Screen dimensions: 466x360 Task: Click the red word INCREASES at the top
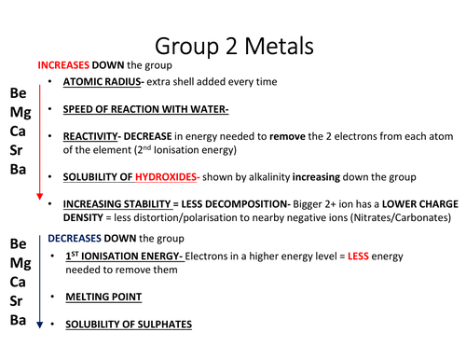pyautogui.click(x=62, y=65)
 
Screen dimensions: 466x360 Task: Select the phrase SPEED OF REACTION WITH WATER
pyautogui.click(x=145, y=109)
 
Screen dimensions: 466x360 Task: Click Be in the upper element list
pyautogui.click(x=19, y=95)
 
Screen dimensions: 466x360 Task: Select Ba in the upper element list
pyautogui.click(x=18, y=172)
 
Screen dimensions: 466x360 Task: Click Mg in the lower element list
pyautogui.click(x=19, y=263)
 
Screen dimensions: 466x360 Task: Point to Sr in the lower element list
pyautogui.click(x=18, y=301)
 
